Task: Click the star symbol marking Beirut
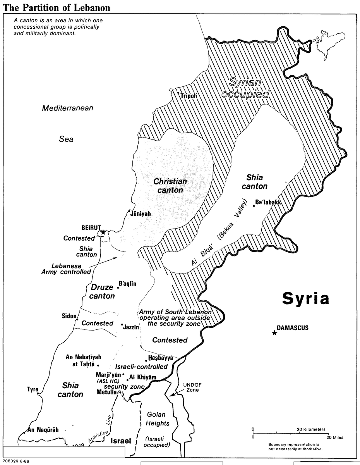[x=103, y=232]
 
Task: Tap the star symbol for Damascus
[x=274, y=333]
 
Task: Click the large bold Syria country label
[x=305, y=298]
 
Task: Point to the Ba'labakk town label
[x=268, y=202]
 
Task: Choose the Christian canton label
[x=170, y=186]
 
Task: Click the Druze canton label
[x=102, y=291]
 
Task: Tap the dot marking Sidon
[x=77, y=319]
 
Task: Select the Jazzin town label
[x=131, y=327]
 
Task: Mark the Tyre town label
[x=33, y=389]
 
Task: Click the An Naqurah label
[x=43, y=429]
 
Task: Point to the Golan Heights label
[x=156, y=419]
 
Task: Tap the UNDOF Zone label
[x=190, y=387]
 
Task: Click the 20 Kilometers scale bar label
[x=311, y=429]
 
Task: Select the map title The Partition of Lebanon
[x=57, y=8]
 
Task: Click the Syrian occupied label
[x=245, y=88]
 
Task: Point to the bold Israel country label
[x=121, y=441]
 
